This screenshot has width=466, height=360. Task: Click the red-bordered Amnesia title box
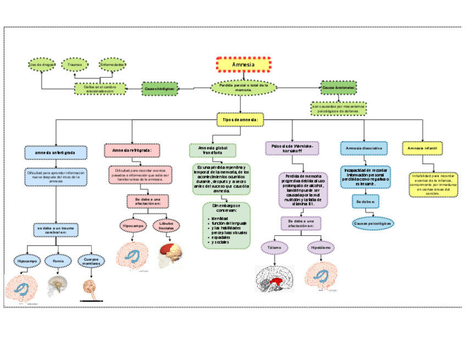[243, 64]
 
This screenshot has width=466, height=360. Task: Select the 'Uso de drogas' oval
[42, 65]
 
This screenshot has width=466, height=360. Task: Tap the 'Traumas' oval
[75, 65]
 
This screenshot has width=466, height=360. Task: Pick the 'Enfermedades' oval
[112, 65]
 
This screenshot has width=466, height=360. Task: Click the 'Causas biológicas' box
[160, 88]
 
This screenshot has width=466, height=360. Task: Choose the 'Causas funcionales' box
[338, 87]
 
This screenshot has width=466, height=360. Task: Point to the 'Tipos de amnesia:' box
[240, 119]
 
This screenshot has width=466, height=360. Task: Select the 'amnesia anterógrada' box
[56, 152]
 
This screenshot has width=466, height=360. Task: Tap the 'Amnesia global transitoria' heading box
[213, 151]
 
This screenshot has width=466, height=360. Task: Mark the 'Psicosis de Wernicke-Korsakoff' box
[291, 148]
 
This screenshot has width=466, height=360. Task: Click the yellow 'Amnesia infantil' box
[422, 148]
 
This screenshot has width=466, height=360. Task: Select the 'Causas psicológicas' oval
[373, 224]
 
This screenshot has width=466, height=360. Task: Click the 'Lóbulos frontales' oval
[166, 226]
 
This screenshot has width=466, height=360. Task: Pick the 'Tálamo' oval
[274, 248]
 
